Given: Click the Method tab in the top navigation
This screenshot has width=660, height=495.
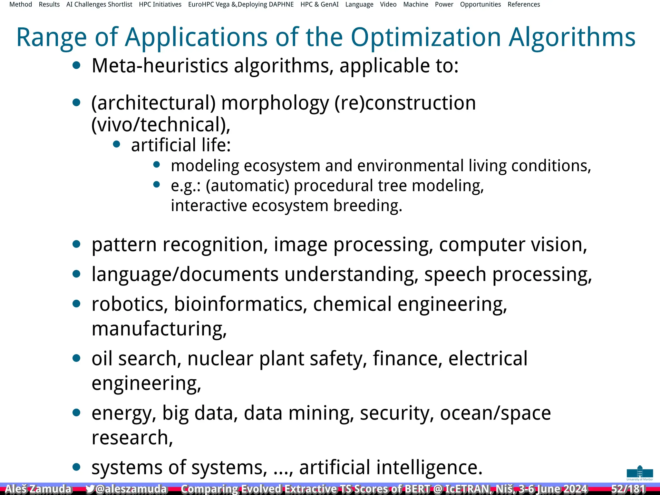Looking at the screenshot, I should pyautogui.click(x=21, y=5).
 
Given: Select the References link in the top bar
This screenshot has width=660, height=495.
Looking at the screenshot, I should pyautogui.click(x=524, y=5).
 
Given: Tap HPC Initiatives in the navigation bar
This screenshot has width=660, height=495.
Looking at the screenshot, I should pyautogui.click(x=160, y=5).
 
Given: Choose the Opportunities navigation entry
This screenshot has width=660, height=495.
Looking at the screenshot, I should pyautogui.click(x=480, y=5).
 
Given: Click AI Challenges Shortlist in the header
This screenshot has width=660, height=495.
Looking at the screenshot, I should pyautogui.click(x=99, y=5).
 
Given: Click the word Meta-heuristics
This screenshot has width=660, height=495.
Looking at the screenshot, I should pyautogui.click(x=160, y=66).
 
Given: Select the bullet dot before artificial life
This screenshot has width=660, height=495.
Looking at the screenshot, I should pyautogui.click(x=117, y=144).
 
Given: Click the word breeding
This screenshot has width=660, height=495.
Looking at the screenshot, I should pyautogui.click(x=368, y=206).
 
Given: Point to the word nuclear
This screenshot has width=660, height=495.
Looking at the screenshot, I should pyautogui.click(x=220, y=358).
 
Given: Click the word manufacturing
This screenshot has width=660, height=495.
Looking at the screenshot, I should pyautogui.click(x=159, y=329).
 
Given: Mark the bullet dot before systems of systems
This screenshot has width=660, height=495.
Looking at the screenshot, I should pyautogui.click(x=76, y=467).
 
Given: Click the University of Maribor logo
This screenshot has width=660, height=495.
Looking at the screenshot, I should pyautogui.click(x=640, y=473).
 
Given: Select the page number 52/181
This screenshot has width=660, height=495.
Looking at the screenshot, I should pyautogui.click(x=628, y=489).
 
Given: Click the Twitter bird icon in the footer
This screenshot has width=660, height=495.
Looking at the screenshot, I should pyautogui.click(x=90, y=489).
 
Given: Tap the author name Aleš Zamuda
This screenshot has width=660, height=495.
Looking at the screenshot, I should pyautogui.click(x=38, y=489).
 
